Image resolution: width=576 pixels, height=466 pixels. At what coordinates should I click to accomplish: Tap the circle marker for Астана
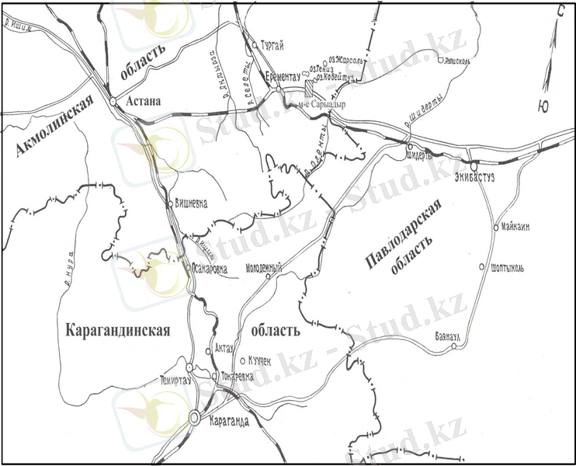pyautogui.click(x=113, y=102)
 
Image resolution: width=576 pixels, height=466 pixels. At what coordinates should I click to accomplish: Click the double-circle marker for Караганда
pyautogui.click(x=194, y=418)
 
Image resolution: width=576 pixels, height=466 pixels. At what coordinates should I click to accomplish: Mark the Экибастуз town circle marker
pyautogui.click(x=472, y=165)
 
